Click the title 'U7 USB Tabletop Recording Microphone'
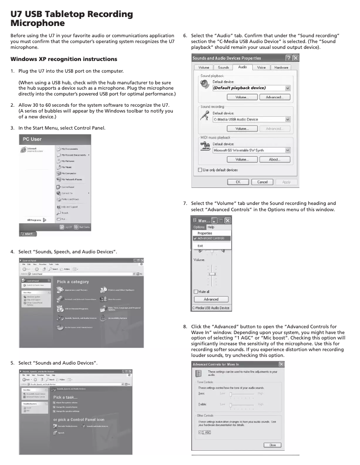point(72,18)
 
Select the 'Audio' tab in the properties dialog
point(242,67)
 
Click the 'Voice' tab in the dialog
point(261,68)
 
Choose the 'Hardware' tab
point(281,68)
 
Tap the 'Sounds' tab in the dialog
point(223,68)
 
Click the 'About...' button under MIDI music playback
point(274,160)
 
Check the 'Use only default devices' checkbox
point(200,170)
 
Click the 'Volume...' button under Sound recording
point(242,129)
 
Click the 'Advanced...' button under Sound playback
point(274,97)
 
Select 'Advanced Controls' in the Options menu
point(211,239)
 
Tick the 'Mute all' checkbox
point(196,291)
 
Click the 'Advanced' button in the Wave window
point(211,299)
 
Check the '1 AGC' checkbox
point(200,432)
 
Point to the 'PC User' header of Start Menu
point(32,139)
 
